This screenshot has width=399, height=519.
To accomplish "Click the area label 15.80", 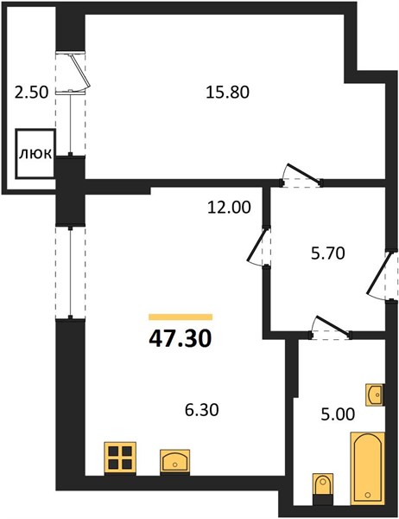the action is click(227, 92).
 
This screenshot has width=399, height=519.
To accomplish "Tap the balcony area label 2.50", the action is click(32, 92).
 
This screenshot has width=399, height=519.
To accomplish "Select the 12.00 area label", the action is click(229, 208).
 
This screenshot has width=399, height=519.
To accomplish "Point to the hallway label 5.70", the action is click(327, 253).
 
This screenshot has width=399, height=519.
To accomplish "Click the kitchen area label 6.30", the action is click(201, 410).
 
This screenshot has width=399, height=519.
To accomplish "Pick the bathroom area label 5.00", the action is click(339, 414).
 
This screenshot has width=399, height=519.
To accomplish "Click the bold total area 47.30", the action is click(180, 338).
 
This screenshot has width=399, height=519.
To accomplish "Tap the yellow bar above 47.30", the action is click(180, 317).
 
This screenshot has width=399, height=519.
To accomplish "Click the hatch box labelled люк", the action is click(35, 154).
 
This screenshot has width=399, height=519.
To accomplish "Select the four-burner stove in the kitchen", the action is click(120, 458).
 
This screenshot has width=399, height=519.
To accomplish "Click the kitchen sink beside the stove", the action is click(174, 462).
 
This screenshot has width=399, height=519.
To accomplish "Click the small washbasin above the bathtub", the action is click(375, 394).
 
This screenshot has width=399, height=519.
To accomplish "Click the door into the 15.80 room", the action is click(303, 173).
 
